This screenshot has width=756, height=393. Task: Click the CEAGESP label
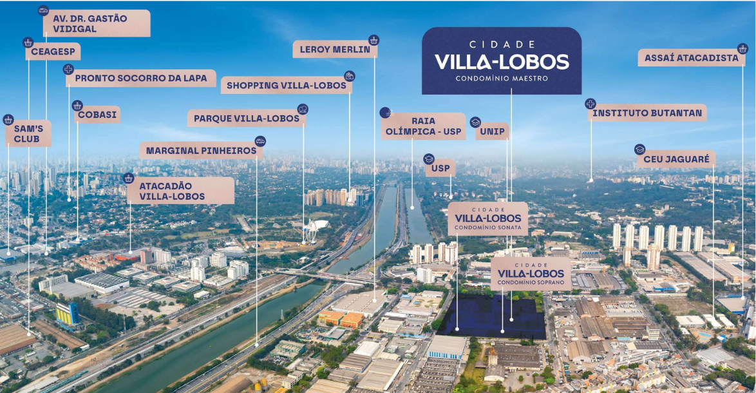(53, 52)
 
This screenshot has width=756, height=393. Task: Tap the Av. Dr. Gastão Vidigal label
(97, 23)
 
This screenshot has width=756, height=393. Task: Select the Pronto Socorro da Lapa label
(141, 78)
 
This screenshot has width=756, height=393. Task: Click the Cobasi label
(97, 114)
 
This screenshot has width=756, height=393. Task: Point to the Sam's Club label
(28, 133)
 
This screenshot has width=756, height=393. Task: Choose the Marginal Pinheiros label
(202, 151)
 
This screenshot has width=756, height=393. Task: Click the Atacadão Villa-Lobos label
(181, 191)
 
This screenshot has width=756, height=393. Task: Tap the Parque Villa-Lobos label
(247, 118)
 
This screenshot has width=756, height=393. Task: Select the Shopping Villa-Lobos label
(287, 85)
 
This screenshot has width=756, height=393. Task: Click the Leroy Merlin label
(335, 49)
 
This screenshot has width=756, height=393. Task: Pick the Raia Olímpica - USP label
(423, 126)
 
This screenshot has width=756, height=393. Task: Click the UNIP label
(492, 131)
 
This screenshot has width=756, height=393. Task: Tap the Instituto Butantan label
(647, 113)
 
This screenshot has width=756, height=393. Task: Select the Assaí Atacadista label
(692, 58)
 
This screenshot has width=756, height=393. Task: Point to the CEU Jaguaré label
(676, 159)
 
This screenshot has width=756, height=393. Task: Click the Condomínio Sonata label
(488, 219)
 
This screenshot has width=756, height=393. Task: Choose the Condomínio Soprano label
(531, 274)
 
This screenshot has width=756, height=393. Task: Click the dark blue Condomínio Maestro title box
(502, 61)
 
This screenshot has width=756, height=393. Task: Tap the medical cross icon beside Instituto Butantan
(590, 104)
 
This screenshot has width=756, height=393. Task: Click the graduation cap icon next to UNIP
(475, 122)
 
